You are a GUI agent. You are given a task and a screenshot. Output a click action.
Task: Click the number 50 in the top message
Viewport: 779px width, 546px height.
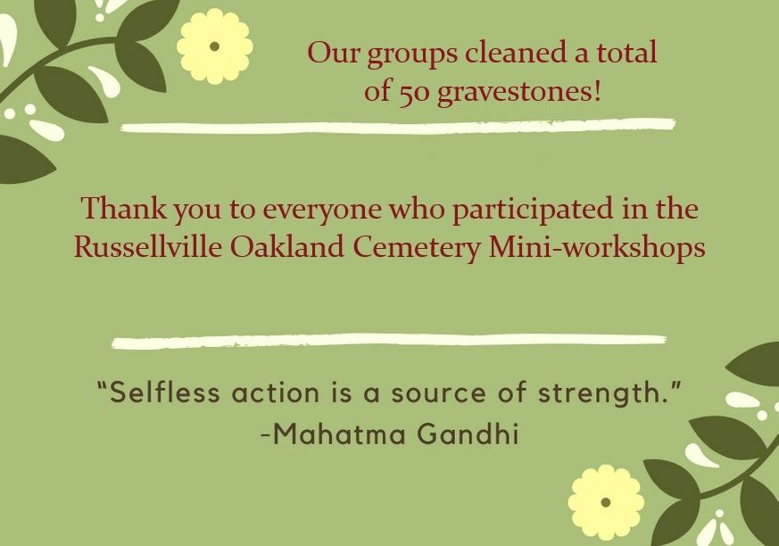tap(413, 93)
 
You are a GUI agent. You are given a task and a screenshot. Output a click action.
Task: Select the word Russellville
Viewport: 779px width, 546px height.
tap(147, 246)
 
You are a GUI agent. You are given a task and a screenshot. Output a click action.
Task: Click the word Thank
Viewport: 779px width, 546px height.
tap(124, 208)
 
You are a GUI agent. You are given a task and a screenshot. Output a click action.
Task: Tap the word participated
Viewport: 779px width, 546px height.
tap(532, 210)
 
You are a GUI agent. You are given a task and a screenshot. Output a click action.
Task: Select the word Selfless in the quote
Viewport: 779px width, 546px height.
tap(164, 393)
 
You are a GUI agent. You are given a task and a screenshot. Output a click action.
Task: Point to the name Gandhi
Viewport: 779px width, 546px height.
tap(468, 434)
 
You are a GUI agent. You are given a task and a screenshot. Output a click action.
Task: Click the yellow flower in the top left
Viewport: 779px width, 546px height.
tap(215, 46)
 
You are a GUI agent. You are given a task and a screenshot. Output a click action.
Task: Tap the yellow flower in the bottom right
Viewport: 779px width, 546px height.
tap(606, 502)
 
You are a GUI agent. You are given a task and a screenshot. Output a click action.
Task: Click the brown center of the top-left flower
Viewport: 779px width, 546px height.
tap(215, 46)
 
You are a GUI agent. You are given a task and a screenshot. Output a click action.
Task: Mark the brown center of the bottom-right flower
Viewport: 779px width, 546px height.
tap(606, 502)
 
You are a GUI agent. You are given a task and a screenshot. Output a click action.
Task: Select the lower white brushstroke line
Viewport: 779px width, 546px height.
tap(389, 341)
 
